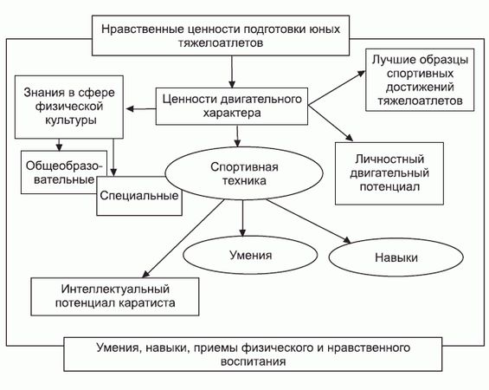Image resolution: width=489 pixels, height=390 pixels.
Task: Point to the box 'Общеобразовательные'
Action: (x=57, y=172)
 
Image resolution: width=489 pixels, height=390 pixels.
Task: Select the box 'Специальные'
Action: (x=138, y=197)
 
